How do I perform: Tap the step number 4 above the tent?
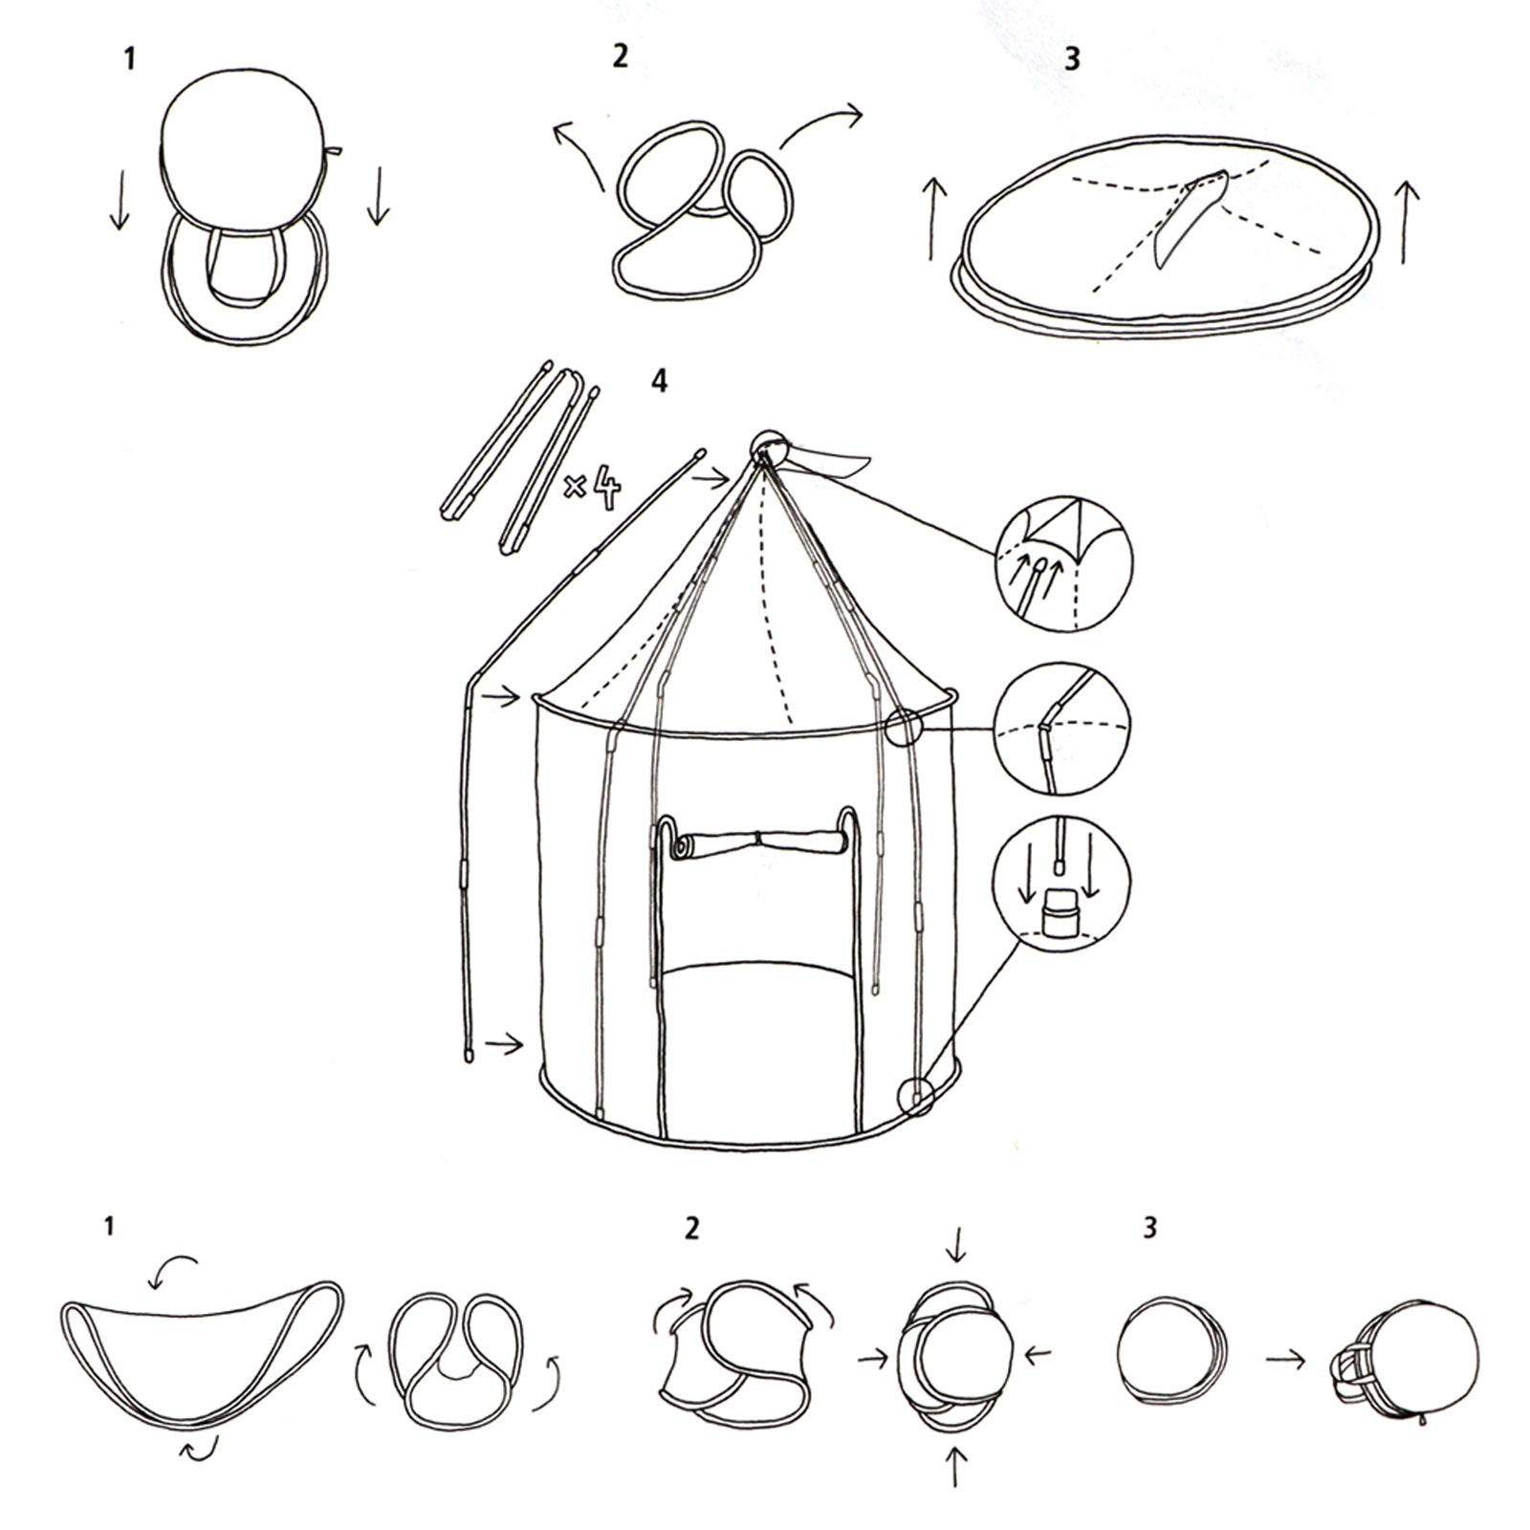click(x=659, y=382)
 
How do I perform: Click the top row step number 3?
click(x=1072, y=58)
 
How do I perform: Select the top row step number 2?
click(x=621, y=56)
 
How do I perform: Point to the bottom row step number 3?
click(x=1150, y=1227)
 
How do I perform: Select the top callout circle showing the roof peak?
click(x=1063, y=562)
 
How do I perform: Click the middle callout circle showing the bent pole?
click(x=1062, y=730)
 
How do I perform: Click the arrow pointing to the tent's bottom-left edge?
click(x=504, y=1045)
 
